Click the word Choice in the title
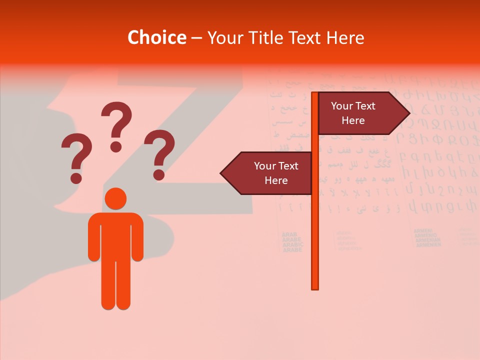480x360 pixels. pyautogui.click(x=156, y=38)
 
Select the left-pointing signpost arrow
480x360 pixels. pyautogui.click(x=267, y=173)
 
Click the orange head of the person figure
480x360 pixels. pyautogui.click(x=115, y=198)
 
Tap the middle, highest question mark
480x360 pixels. pyautogui.click(x=116, y=125)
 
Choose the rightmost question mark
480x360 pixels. pyautogui.click(x=159, y=152)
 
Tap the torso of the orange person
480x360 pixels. pyautogui.click(x=115, y=235)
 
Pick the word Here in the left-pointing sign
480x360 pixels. pyautogui.click(x=276, y=180)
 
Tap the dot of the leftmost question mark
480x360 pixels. pyautogui.click(x=76, y=177)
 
